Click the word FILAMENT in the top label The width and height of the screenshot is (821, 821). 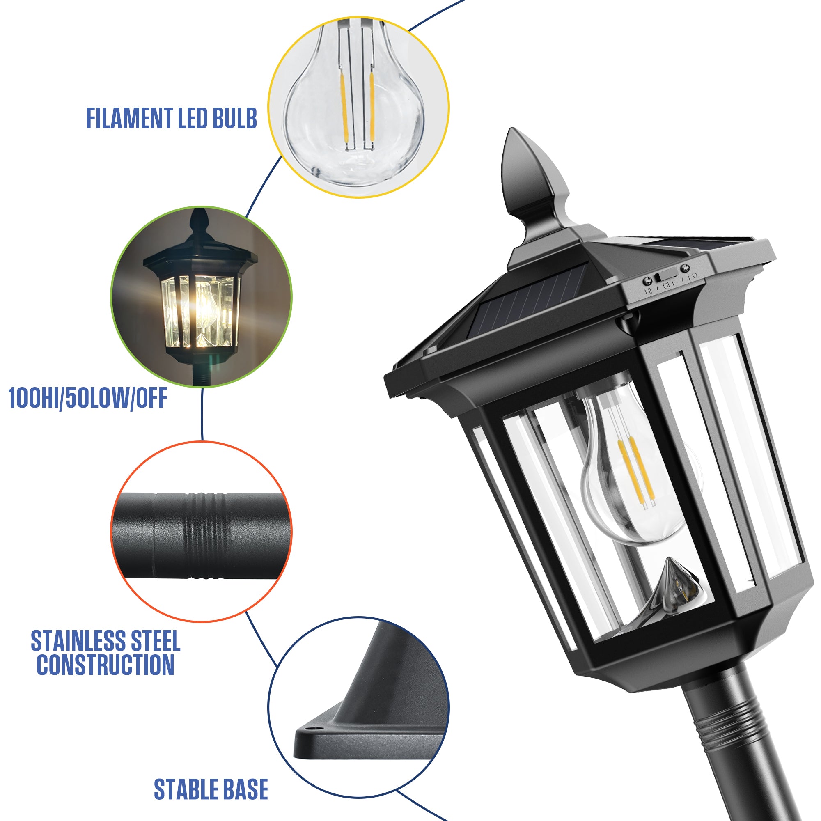click(130, 118)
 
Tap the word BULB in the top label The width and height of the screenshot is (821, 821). click(234, 118)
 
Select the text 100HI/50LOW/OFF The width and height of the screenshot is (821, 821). click(87, 398)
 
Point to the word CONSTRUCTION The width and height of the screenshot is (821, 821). click(105, 665)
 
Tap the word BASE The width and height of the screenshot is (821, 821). click(245, 790)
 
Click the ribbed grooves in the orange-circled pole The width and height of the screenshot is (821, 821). click(204, 536)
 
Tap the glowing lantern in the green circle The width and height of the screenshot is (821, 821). click(200, 306)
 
